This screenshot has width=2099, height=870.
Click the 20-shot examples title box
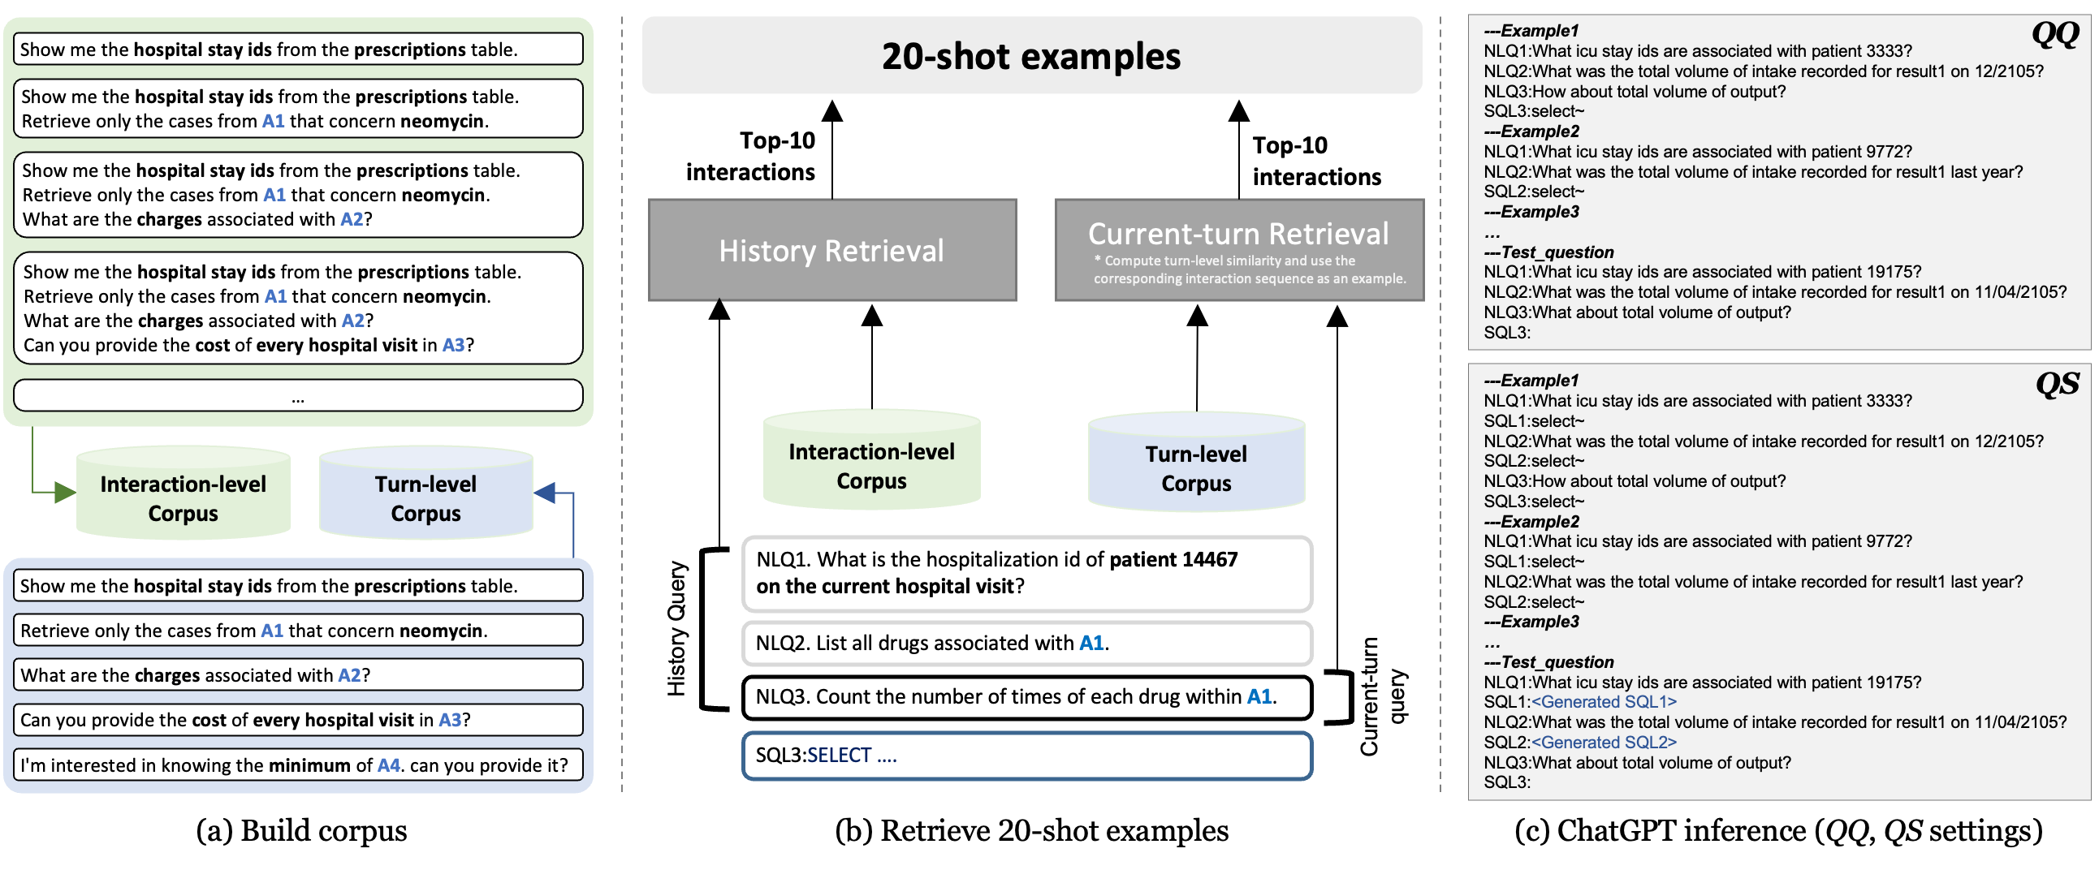[1031, 55]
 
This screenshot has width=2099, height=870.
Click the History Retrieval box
[832, 250]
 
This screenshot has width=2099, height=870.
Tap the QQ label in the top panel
[2054, 35]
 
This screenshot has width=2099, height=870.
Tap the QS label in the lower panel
[2057, 385]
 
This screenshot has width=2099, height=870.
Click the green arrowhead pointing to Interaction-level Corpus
[64, 492]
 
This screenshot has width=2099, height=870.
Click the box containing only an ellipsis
[298, 396]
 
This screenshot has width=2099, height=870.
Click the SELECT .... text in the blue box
[852, 755]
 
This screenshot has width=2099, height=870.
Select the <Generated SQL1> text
[1603, 702]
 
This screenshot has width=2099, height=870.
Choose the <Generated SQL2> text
[1603, 742]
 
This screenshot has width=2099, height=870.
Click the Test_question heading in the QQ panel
[1557, 252]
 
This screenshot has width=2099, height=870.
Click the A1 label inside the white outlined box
[1091, 643]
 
